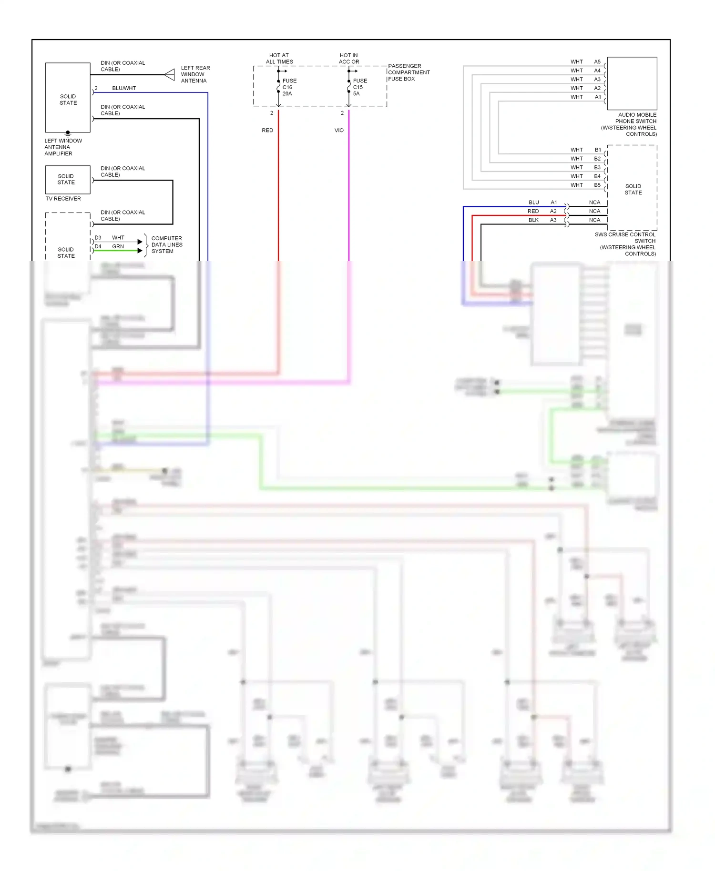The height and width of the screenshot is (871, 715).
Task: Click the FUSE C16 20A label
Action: (289, 87)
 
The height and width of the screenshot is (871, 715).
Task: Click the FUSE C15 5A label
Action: (360, 87)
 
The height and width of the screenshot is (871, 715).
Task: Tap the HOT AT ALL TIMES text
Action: (279, 59)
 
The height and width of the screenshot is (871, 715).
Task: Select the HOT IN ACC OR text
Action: (349, 59)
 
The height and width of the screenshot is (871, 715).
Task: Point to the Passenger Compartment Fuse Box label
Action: (409, 72)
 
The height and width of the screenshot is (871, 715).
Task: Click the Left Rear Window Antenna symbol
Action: (170, 75)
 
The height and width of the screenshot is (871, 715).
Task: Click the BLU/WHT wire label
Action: (124, 88)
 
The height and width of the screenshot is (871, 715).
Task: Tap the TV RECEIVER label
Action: (63, 199)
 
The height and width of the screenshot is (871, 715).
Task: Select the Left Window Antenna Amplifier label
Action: (63, 147)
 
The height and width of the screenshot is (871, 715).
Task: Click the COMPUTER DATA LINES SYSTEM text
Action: (166, 245)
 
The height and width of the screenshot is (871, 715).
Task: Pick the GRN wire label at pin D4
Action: (118, 247)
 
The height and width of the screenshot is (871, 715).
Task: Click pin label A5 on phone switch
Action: (597, 62)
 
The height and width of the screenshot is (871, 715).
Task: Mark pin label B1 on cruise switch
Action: (598, 150)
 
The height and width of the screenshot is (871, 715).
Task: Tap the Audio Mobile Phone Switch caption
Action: (629, 124)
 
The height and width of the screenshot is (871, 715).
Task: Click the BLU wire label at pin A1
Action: (534, 203)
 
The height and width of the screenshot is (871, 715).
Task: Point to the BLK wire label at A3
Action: (533, 220)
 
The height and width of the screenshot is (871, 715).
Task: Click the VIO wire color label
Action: (339, 131)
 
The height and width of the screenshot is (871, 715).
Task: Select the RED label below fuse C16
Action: (267, 131)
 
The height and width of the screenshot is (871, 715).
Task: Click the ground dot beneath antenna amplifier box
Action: (68, 132)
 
